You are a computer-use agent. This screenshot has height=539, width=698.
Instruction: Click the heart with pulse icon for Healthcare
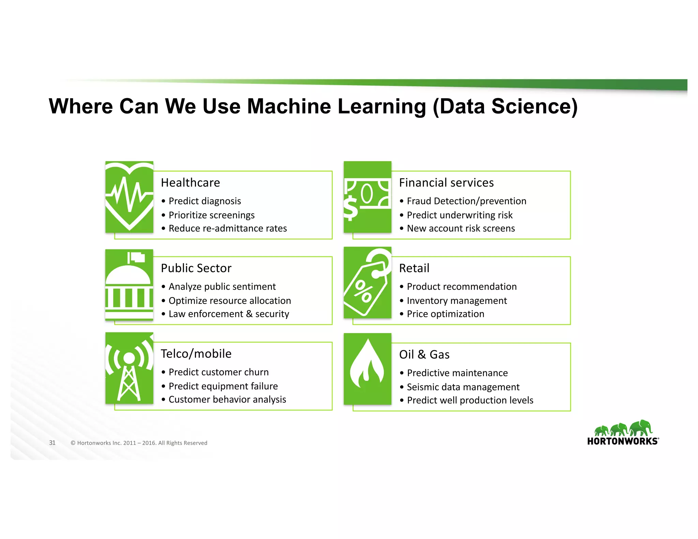(129, 197)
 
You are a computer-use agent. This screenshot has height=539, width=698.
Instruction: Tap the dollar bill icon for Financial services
(367, 197)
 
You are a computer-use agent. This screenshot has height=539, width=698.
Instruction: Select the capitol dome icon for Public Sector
(129, 285)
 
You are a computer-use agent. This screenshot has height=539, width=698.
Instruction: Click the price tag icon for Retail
(367, 283)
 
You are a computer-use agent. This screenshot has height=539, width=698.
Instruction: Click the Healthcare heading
(190, 183)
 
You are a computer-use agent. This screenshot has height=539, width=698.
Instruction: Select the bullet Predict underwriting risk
(459, 215)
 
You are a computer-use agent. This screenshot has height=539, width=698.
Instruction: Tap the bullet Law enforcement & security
(229, 314)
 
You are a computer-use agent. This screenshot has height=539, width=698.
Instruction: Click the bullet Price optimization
(445, 314)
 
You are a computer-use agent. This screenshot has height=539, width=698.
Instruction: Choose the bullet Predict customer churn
(218, 372)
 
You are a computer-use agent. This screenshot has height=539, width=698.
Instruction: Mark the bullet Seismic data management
(463, 387)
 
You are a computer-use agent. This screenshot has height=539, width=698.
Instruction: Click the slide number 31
(52, 443)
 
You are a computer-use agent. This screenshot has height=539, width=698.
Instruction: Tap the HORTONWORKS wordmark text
(623, 442)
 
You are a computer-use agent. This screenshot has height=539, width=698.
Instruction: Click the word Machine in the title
(289, 106)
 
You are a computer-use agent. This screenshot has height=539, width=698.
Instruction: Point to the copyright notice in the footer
(139, 443)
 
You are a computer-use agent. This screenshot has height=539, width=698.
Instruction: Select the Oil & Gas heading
(424, 355)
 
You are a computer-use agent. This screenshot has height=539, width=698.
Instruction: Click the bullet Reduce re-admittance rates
(227, 228)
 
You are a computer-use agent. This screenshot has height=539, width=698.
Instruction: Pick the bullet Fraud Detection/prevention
(466, 201)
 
